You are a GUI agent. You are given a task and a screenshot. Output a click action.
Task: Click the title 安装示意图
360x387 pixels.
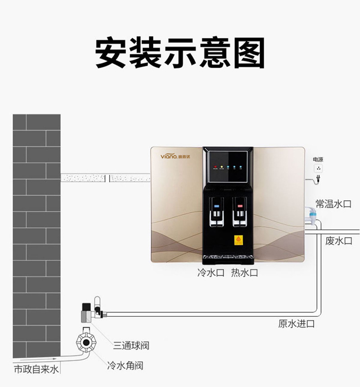pyautogui.click(x=180, y=53)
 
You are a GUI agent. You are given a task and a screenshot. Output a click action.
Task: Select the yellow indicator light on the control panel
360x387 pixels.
pyautogui.click(x=221, y=168)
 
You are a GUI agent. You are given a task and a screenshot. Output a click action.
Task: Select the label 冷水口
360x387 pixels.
pyautogui.click(x=211, y=273)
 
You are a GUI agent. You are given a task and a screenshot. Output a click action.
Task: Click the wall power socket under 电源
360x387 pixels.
pyautogui.click(x=319, y=168)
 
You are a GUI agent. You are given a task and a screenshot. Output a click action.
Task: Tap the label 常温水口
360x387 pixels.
pyautogui.click(x=333, y=204)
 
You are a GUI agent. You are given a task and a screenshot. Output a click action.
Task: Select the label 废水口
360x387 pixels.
pyautogui.click(x=338, y=241)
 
